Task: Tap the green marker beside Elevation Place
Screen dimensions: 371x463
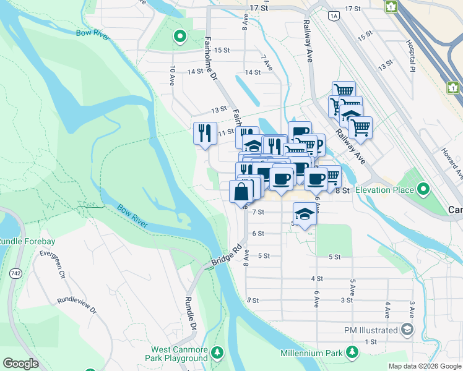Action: [423, 188]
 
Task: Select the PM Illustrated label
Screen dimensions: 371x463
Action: [371, 330]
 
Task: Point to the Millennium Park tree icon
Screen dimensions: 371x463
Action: [352, 352]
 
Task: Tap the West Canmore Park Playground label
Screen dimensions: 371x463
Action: [176, 354]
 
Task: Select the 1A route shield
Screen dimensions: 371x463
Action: [335, 15]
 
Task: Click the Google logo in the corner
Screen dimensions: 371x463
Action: [21, 364]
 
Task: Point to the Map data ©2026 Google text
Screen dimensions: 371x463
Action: [424, 366]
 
